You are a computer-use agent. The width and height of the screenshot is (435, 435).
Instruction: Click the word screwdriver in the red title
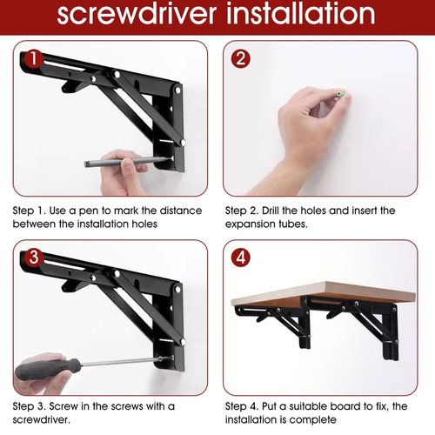click(137, 14)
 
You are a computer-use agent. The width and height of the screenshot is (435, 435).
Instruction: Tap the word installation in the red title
click(301, 13)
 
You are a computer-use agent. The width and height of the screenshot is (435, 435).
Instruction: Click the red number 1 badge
click(34, 59)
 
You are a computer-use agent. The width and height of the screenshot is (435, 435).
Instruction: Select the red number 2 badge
click(241, 58)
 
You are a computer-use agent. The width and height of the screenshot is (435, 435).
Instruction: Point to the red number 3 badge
click(34, 258)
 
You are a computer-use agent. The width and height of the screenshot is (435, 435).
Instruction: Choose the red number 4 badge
click(241, 258)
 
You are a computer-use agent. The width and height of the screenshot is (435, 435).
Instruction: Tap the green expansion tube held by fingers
click(339, 94)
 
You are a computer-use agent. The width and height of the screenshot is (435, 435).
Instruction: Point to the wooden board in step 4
click(324, 294)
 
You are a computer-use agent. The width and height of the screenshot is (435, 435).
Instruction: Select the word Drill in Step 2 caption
click(271, 211)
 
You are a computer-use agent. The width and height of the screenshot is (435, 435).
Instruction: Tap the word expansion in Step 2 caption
click(251, 224)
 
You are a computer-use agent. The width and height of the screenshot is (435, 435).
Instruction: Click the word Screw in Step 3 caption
click(64, 406)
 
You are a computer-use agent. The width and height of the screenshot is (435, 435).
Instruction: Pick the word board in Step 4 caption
click(343, 406)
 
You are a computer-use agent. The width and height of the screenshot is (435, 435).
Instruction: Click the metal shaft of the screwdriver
click(119, 362)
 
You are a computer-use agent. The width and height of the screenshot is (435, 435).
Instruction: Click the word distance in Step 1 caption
click(181, 211)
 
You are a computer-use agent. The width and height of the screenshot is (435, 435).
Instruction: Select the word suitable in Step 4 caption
click(308, 406)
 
